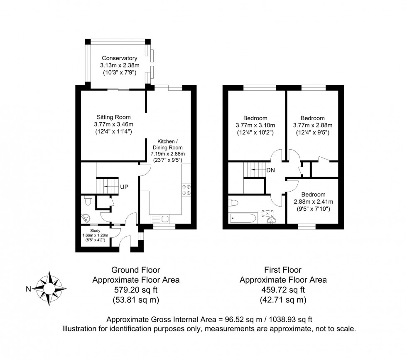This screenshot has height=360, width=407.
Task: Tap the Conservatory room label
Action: (x=119, y=58)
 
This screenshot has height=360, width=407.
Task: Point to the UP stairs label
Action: (x=124, y=187)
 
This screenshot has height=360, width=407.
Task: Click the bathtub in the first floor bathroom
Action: (x=243, y=217)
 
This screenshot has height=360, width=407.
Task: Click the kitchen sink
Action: (x=159, y=218)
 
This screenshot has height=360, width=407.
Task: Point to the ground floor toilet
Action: (x=88, y=200)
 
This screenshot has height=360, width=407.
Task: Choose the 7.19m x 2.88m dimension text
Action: (x=167, y=154)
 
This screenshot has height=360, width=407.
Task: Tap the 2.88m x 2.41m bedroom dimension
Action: (x=314, y=202)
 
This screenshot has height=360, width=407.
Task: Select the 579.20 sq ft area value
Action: (x=135, y=290)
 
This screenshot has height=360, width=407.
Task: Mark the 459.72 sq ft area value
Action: (x=283, y=290)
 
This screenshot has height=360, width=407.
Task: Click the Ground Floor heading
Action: (x=135, y=270)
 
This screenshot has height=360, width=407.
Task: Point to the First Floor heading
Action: (x=283, y=270)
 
